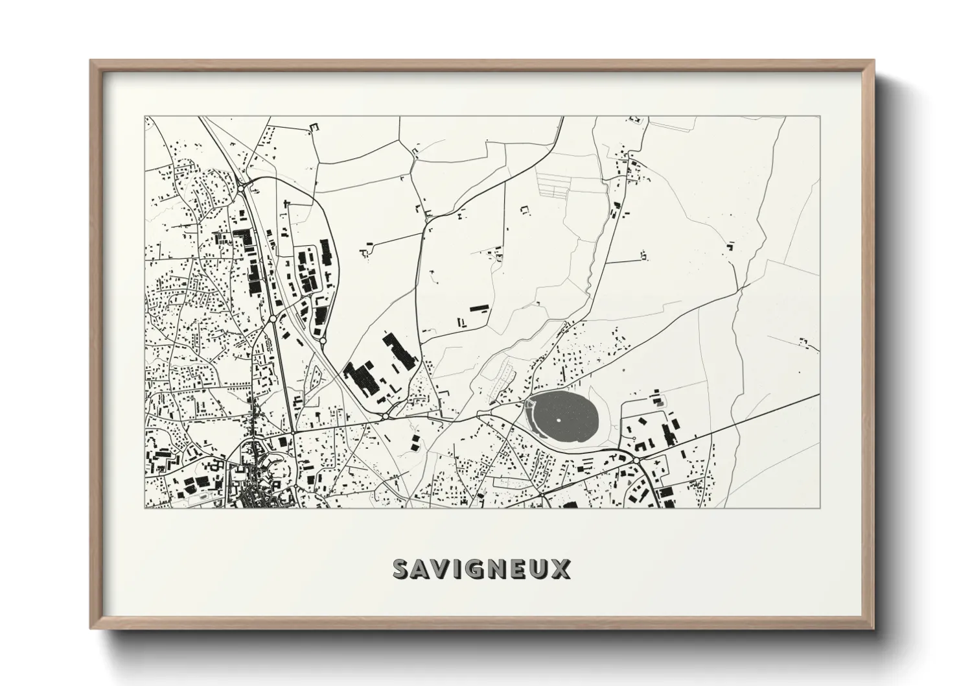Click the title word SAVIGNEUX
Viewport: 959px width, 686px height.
(x=481, y=569)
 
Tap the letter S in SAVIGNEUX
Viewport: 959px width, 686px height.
(x=402, y=569)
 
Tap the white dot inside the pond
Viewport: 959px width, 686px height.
(x=558, y=420)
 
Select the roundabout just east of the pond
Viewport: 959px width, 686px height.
(x=637, y=460)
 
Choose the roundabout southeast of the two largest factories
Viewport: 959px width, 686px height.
(x=385, y=416)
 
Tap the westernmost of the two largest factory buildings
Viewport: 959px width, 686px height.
(x=360, y=378)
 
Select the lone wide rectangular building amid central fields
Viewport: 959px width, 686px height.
(x=478, y=308)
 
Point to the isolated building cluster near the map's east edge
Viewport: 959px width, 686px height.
(x=804, y=341)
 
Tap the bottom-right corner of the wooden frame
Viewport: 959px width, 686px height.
(x=873, y=629)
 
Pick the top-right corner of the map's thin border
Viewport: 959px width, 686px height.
(x=820, y=117)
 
